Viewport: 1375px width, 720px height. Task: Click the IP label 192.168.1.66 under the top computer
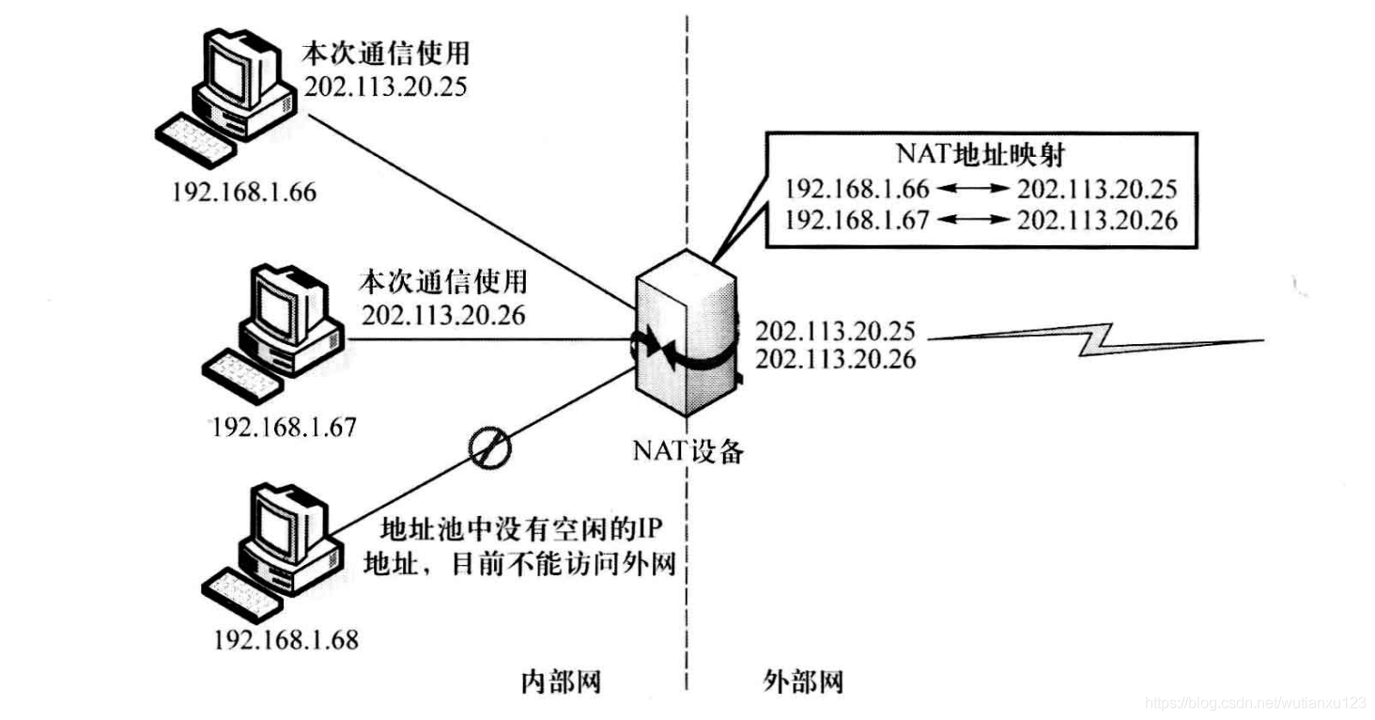pos(243,193)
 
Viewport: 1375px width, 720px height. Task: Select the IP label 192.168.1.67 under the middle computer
pos(284,428)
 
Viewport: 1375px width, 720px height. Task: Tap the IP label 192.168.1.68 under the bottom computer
pos(286,640)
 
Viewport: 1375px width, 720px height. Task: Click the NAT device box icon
pos(686,334)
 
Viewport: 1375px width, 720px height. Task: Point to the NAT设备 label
pos(688,451)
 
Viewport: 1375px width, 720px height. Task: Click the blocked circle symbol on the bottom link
pos(490,447)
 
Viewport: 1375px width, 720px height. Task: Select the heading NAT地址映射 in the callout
pos(981,154)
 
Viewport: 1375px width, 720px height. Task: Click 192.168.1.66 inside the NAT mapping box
pos(857,189)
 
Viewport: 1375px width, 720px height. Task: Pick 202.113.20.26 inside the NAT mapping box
pos(1098,221)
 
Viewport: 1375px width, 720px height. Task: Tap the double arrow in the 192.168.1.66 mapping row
pos(974,189)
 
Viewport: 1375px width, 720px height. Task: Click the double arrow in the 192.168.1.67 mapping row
pos(974,219)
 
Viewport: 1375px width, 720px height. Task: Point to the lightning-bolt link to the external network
pos(1096,339)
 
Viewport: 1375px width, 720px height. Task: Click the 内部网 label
pos(561,681)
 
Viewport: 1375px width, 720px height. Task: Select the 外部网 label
pos(803,681)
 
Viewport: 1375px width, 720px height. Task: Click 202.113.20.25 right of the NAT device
pos(835,331)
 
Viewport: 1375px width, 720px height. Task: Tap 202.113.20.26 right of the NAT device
pos(835,359)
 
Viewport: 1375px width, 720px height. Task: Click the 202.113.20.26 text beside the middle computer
pos(443,316)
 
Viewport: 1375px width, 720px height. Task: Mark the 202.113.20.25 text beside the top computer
pos(385,86)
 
